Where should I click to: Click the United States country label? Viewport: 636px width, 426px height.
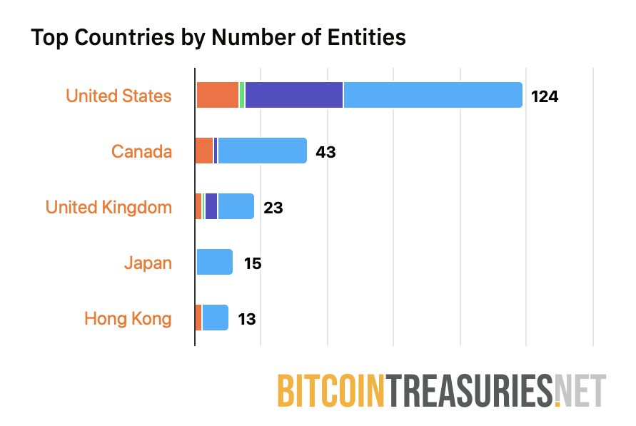(118, 96)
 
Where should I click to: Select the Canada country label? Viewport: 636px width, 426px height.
(141, 151)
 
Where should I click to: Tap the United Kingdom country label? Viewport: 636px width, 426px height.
(108, 207)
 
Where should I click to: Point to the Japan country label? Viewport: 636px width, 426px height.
(148, 263)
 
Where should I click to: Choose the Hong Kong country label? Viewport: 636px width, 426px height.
(128, 318)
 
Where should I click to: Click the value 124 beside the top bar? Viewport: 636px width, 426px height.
(544, 96)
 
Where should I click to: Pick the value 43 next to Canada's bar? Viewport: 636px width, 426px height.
(325, 152)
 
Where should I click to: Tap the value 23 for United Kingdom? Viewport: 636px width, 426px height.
(273, 208)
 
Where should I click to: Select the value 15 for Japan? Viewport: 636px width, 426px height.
(252, 263)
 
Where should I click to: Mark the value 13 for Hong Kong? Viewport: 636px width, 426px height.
(246, 319)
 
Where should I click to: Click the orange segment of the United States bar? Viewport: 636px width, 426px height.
(217, 95)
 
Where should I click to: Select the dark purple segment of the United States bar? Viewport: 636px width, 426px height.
(293, 95)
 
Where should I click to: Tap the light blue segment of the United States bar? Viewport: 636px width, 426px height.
(433, 95)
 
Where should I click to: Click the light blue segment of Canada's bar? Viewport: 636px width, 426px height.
(262, 151)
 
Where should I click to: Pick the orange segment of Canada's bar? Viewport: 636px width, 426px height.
(204, 151)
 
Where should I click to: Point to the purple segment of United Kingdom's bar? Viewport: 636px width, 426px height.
(211, 206)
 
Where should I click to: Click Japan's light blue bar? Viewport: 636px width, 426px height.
(214, 262)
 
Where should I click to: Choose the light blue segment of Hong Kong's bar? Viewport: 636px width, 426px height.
(215, 318)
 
